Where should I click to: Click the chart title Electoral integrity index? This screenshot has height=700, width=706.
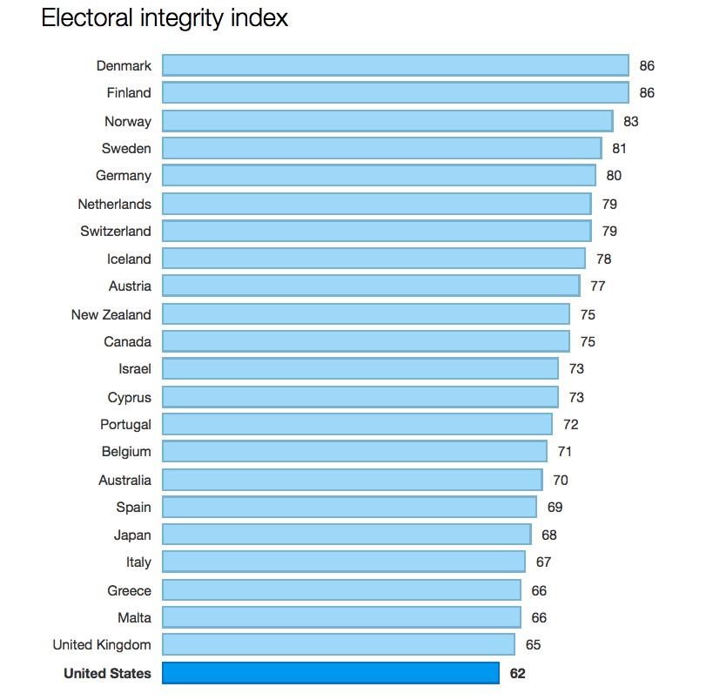tap(165, 18)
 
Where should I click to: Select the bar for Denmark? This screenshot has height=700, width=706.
tap(395, 65)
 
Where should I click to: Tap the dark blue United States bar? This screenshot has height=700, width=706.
tap(331, 673)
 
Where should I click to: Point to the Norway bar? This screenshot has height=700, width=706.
tap(387, 121)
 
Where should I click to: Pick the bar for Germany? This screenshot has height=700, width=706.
tap(379, 176)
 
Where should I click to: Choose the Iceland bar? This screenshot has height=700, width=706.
tap(373, 259)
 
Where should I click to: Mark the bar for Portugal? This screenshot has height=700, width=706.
tap(357, 424)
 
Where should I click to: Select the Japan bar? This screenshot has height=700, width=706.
tap(346, 535)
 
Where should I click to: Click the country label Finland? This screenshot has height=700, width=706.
tap(129, 93)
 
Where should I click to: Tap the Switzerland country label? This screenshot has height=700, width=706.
tap(116, 231)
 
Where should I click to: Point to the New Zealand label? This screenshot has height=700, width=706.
tap(111, 314)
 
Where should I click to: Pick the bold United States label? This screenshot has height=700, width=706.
tap(107, 673)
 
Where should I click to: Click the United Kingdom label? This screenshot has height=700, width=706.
tap(102, 645)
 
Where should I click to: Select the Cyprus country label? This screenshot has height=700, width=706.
tap(129, 397)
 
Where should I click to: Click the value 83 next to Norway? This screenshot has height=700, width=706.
tap(630, 122)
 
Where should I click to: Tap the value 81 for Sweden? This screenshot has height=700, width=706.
tap(619, 149)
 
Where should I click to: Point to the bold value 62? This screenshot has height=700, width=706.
tap(517, 673)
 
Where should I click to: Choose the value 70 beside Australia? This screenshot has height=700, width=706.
tap(559, 480)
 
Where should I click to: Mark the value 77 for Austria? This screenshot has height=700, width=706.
tap(597, 286)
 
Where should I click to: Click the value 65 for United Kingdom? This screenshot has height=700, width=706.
tap(533, 645)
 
